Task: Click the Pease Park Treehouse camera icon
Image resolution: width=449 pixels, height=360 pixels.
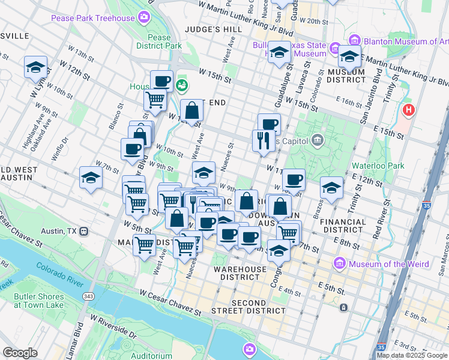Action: pos(143,17)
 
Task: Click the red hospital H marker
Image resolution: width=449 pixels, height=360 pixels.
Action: pos(409,110)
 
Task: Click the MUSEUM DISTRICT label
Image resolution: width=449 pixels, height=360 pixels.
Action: pos(347,75)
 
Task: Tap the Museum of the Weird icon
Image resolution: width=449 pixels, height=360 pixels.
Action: pos(340,263)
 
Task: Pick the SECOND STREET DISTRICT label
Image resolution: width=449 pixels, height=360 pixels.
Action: pos(249,307)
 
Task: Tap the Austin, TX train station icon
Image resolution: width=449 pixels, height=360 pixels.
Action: pos(83,231)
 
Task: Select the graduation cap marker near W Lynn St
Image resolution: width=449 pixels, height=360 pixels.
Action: pos(35,67)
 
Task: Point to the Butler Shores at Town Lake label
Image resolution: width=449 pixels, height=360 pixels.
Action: pos(39,301)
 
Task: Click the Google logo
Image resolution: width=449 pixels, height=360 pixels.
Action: pos(20,353)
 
